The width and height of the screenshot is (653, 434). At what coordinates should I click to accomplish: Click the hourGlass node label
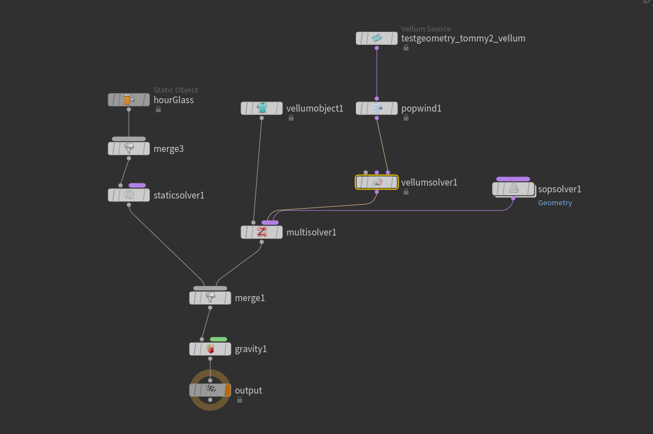pyautogui.click(x=173, y=100)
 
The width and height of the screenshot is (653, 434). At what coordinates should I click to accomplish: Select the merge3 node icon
pyautogui.click(x=129, y=149)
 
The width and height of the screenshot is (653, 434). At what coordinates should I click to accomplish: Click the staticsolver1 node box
pyautogui.click(x=129, y=195)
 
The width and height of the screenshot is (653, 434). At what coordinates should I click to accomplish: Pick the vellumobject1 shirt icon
pyautogui.click(x=262, y=108)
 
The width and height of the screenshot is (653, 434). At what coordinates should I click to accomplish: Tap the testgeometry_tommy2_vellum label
pyautogui.click(x=463, y=38)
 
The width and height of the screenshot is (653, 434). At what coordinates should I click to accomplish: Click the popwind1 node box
pyautogui.click(x=377, y=108)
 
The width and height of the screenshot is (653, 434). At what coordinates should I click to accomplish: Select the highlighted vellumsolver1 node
pyautogui.click(x=377, y=182)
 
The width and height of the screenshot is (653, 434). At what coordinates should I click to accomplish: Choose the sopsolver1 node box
pyautogui.click(x=513, y=190)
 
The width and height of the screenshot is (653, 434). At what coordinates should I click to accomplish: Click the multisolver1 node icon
pyautogui.click(x=262, y=232)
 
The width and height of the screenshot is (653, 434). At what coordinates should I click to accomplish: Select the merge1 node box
pyautogui.click(x=210, y=298)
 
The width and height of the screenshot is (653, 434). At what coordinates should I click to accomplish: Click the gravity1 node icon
pyautogui.click(x=210, y=349)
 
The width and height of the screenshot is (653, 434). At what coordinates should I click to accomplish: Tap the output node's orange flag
pyautogui.click(x=228, y=390)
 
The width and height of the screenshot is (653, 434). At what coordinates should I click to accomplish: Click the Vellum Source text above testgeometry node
pyautogui.click(x=426, y=29)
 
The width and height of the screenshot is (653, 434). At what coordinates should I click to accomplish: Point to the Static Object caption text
pyautogui.click(x=175, y=90)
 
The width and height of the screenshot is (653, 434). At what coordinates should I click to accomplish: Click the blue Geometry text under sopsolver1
pyautogui.click(x=555, y=203)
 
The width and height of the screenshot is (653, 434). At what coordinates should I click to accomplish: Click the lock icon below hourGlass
pyautogui.click(x=158, y=109)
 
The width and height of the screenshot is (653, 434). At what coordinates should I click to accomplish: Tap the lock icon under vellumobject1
pyautogui.click(x=291, y=118)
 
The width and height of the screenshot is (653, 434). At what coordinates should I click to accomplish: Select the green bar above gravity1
pyautogui.click(x=219, y=339)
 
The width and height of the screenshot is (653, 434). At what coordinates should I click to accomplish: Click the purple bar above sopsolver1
pyautogui.click(x=513, y=179)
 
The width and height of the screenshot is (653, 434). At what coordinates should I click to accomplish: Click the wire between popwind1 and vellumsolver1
pyautogui.click(x=382, y=145)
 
